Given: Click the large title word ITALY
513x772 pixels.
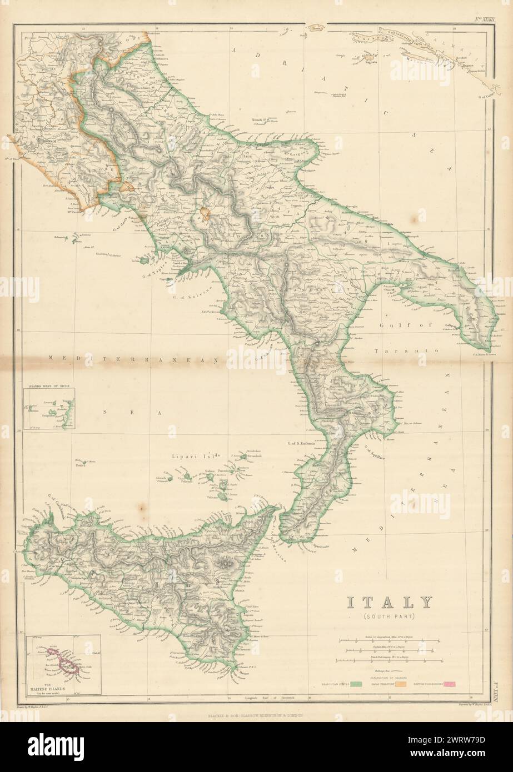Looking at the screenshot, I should click(x=390, y=603).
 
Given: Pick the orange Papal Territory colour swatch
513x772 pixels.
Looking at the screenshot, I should click(x=415, y=684).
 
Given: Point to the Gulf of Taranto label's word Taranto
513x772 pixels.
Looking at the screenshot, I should click(x=407, y=352).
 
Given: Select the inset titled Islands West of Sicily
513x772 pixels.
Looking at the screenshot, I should click(x=49, y=409).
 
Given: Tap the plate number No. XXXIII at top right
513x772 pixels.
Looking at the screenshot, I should click(x=483, y=19).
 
